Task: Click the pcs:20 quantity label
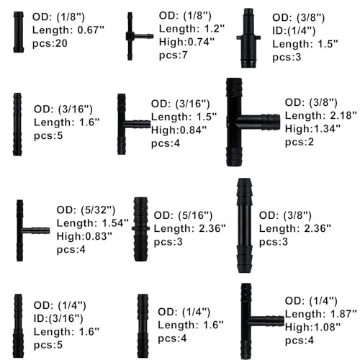(50, 44)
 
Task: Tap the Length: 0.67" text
(68, 30)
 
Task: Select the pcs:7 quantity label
(174, 55)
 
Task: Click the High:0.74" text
(186, 42)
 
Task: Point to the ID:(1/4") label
(294, 31)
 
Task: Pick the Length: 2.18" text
(321, 115)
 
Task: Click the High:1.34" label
(312, 129)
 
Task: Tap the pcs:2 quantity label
(300, 142)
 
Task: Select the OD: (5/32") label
(86, 210)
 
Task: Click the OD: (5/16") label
(183, 215)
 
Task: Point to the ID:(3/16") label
(58, 318)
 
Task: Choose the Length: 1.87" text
(321, 314)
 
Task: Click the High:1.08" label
(312, 327)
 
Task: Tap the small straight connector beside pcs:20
(19, 32)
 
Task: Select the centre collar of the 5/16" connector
(140, 228)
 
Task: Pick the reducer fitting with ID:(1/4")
(248, 38)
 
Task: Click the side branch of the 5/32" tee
(36, 230)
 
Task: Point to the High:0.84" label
(179, 130)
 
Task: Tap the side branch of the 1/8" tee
(143, 36)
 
